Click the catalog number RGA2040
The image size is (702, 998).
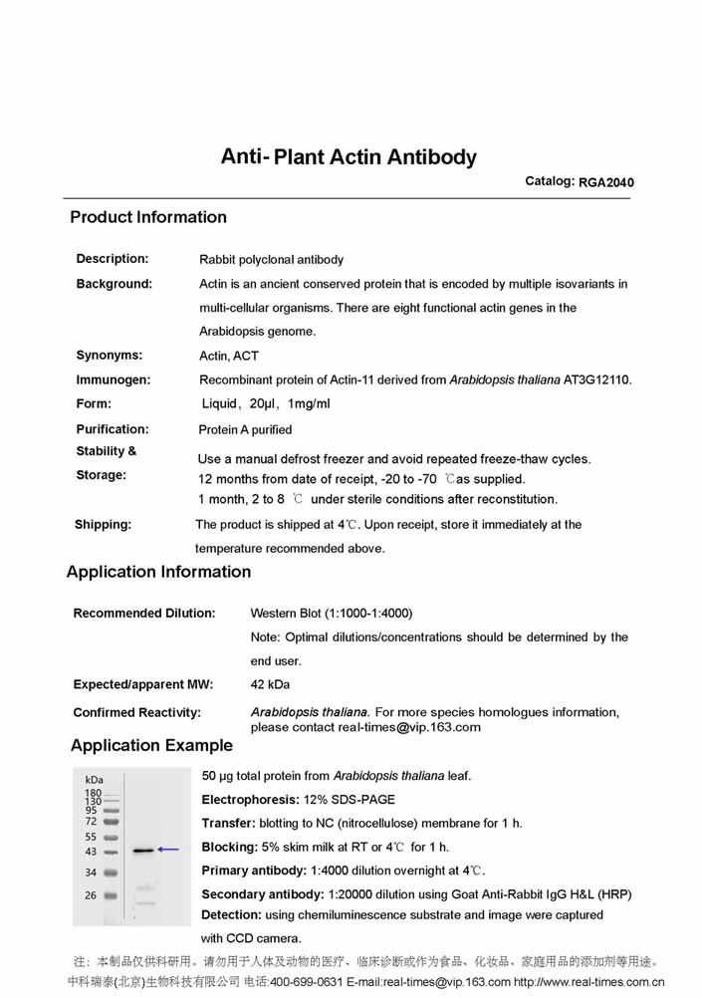point(606,182)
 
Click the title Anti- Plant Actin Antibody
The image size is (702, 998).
point(349,157)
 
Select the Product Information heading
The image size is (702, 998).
point(148,217)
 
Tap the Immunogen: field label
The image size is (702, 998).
point(114,379)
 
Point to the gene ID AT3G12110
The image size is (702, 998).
point(597,379)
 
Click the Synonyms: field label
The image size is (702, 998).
point(110,355)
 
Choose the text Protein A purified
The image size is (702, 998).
point(246,429)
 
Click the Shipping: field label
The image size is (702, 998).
point(103,524)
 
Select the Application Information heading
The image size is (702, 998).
point(158,572)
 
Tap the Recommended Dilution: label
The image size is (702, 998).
point(144,613)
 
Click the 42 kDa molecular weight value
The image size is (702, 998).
point(271,684)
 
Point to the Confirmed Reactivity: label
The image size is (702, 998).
point(137,712)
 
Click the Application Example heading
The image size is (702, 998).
point(151,745)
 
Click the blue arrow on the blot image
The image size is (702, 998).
point(168,850)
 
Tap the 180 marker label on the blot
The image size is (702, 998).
point(93,793)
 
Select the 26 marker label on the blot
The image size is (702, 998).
point(91,895)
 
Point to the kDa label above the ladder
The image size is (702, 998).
point(95,779)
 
